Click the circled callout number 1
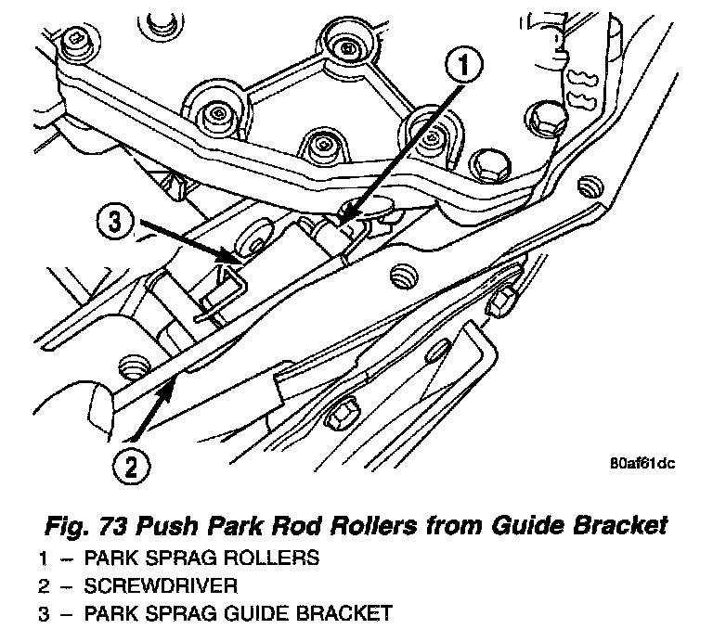[464, 65]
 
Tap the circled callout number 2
[132, 466]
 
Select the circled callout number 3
[115, 223]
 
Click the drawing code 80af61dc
[642, 464]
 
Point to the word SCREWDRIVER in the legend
[161, 585]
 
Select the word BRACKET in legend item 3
[344, 613]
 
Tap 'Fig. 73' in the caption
[87, 526]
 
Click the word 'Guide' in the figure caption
[528, 525]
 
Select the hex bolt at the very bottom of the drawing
[341, 414]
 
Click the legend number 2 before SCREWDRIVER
[45, 585]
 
